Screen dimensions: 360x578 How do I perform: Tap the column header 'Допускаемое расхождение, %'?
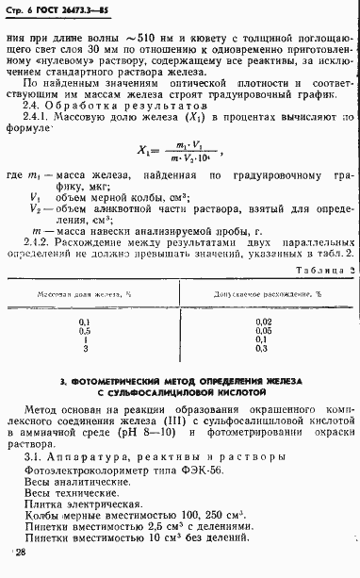264,295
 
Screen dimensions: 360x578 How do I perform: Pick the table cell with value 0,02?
264,322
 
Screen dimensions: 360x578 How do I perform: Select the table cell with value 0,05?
264,331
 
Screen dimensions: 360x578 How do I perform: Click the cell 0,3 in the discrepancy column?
264,349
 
